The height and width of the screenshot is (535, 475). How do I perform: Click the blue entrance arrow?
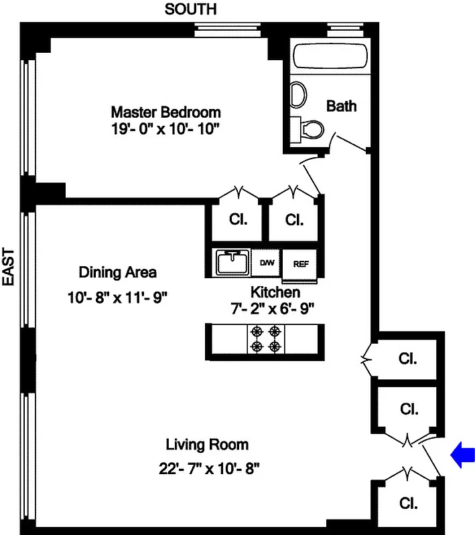[463, 455]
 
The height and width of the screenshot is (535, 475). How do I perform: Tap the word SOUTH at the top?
[191, 9]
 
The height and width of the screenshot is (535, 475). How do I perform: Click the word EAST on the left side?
[9, 267]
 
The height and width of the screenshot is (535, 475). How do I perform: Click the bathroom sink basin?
[298, 95]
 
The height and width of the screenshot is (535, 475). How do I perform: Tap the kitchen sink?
[231, 262]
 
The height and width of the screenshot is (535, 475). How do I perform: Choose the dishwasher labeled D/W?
[267, 262]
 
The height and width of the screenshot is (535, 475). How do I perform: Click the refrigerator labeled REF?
[301, 263]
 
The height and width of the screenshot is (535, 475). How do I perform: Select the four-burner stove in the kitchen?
[265, 338]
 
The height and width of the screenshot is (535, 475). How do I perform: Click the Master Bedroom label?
[165, 112]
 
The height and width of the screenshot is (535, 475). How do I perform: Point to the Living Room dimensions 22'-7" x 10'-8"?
[207, 468]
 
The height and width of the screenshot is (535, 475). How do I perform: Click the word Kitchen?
[275, 292]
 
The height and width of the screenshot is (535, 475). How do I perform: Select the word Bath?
[341, 106]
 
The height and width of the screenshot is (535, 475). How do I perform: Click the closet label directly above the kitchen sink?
[237, 219]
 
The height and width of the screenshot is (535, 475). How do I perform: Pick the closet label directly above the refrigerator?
[294, 219]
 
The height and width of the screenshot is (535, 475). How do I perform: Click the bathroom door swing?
[350, 142]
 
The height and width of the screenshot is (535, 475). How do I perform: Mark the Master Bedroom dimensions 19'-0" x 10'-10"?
[165, 130]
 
